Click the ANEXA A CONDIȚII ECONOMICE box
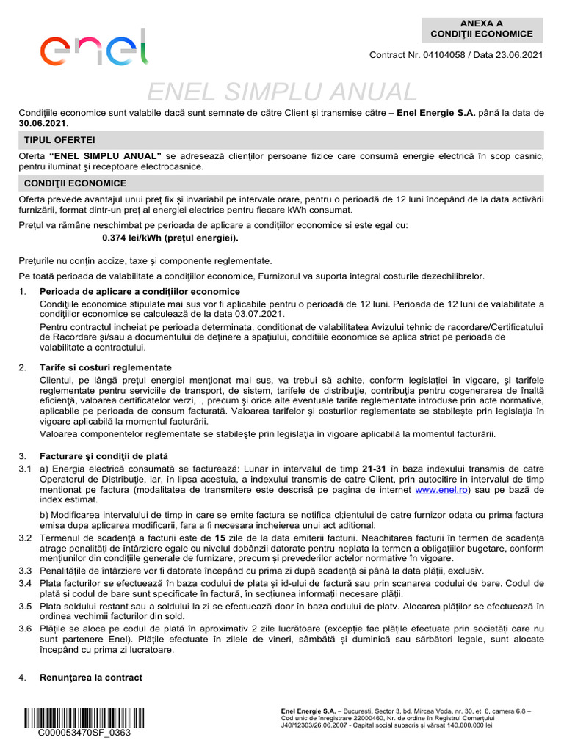482,29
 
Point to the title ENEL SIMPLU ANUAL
282,92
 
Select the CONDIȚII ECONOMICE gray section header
75,183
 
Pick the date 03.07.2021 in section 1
260,314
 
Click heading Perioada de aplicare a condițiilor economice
140,292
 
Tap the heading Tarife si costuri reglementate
106,367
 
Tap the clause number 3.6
25,629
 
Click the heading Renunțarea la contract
91,677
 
